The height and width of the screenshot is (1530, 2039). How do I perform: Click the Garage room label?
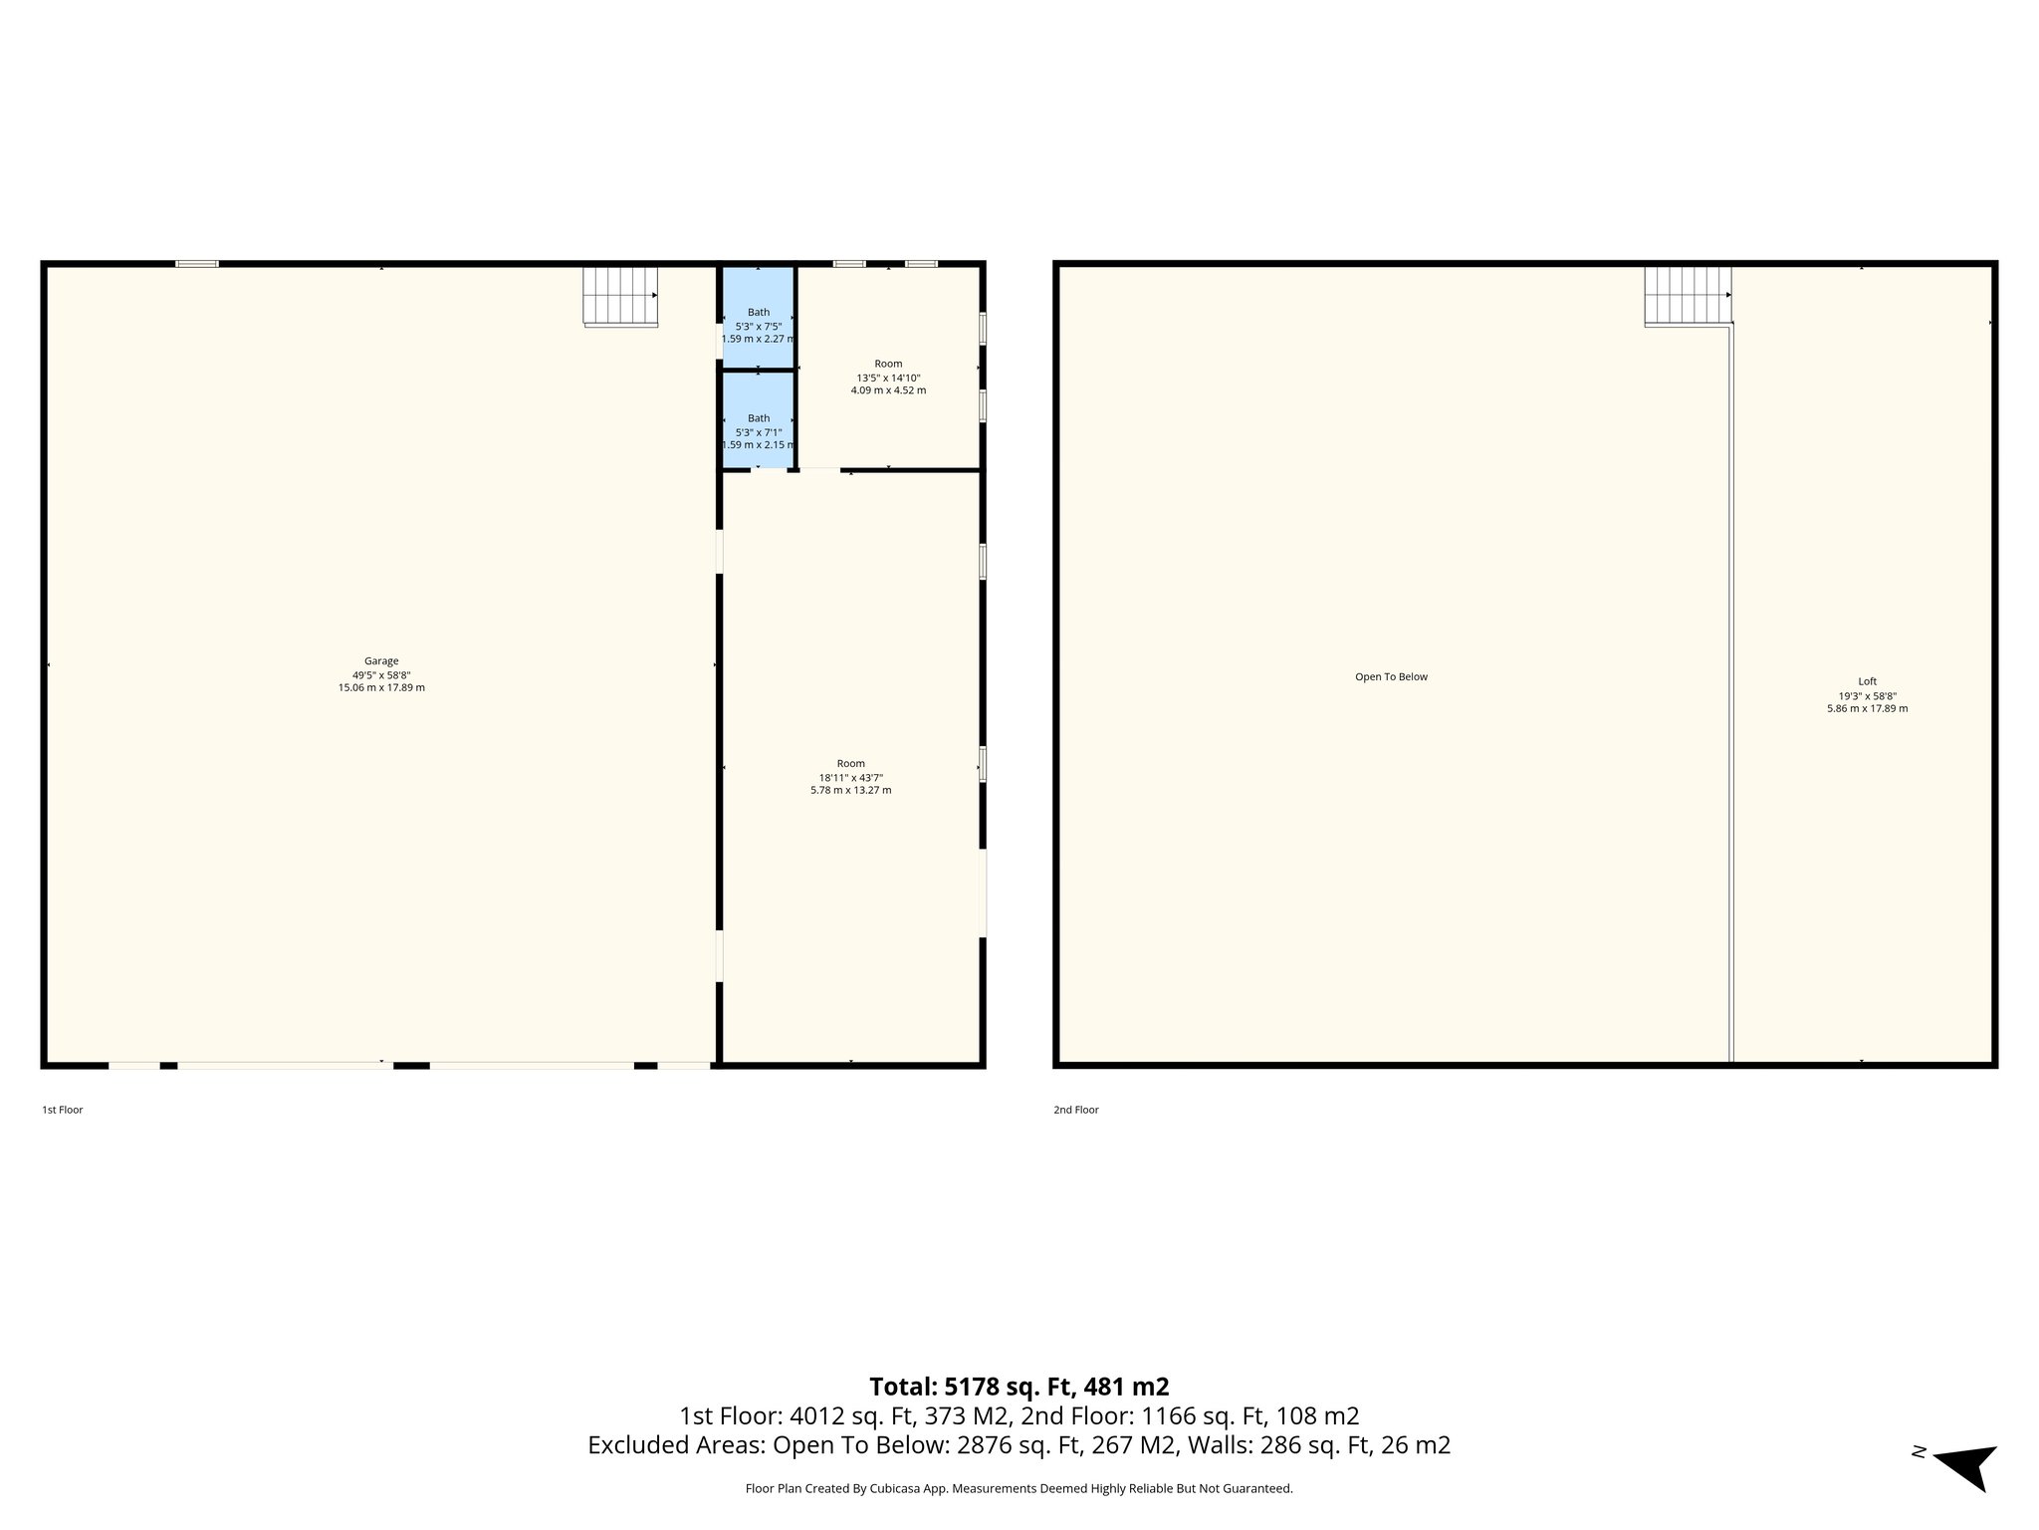381,661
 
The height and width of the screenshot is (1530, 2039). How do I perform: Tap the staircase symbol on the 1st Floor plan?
619,296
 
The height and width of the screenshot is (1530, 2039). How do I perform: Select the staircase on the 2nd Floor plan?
1687,296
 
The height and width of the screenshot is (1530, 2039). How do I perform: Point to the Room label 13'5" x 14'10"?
888,378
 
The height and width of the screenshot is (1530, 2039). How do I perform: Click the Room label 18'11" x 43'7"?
850,777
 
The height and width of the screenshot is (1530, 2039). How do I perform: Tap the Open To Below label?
1391,677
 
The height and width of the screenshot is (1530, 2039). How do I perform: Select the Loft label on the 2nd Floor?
1867,682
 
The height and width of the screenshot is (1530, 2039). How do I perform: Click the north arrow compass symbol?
1967,1465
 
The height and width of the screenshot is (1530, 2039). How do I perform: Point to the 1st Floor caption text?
63,1110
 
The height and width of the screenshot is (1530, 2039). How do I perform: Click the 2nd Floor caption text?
1076,1110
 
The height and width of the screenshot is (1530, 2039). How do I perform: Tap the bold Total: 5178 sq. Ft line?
1019,1387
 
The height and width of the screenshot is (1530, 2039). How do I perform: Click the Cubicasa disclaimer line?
1019,1489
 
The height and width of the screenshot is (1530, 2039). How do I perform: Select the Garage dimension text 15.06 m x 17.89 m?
381,688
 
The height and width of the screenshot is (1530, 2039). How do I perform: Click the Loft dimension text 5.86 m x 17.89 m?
1867,709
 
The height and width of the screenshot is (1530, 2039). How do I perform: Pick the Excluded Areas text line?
1019,1445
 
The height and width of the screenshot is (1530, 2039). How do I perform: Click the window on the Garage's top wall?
197,264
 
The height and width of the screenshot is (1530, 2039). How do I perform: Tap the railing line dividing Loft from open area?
1731,697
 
